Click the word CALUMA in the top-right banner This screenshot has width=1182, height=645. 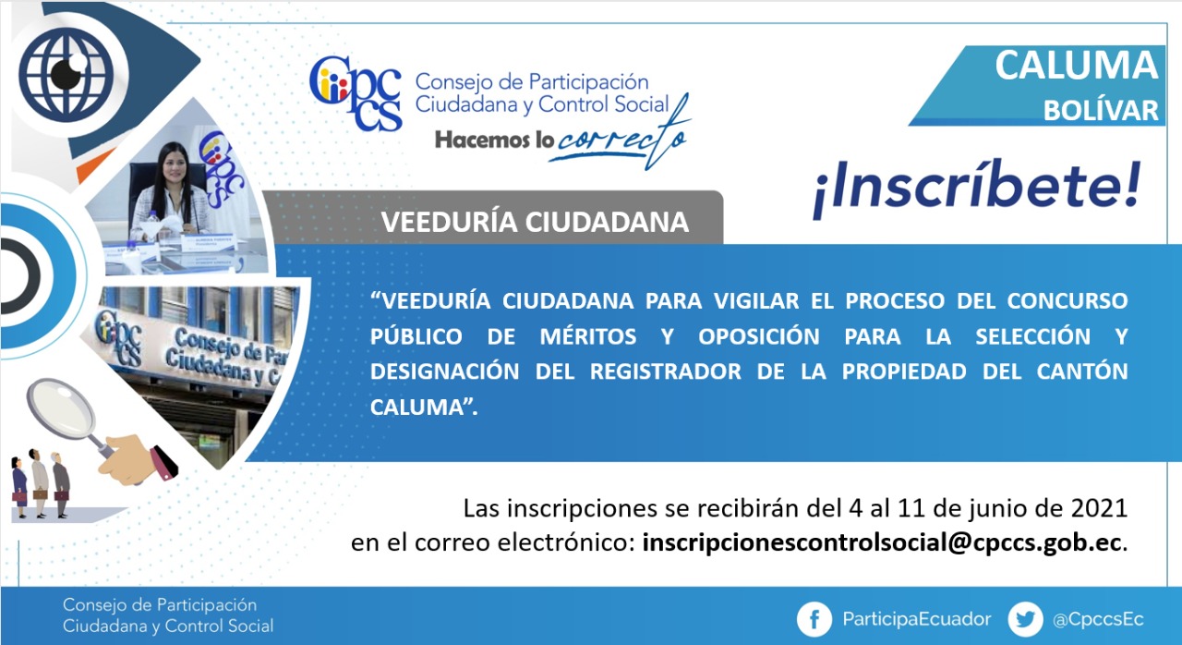[1076, 66]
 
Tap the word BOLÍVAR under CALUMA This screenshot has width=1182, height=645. [1100, 111]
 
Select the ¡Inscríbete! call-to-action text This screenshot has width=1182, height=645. [977, 189]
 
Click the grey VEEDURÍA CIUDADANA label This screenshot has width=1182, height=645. [535, 222]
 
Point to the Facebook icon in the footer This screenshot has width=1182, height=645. [814, 620]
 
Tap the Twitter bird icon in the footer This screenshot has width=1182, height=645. [1025, 620]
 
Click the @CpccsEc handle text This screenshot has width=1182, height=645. [1098, 620]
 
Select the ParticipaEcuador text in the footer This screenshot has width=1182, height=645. [917, 619]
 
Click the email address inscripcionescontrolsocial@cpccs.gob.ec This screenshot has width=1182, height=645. [881, 543]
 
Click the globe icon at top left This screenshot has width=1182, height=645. [66, 73]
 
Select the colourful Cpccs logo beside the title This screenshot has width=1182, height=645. [356, 93]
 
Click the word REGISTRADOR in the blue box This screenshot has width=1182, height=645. [666, 371]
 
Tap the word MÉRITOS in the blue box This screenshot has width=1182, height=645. [588, 336]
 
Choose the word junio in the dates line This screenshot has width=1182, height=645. [995, 509]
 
